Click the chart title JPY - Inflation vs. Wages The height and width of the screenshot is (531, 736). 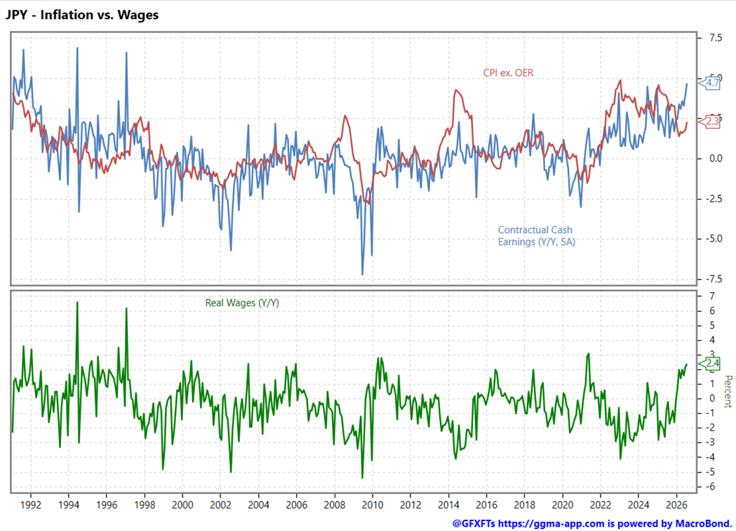point(82,15)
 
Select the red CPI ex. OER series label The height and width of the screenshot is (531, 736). point(509,73)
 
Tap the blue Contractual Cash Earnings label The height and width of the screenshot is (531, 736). point(537,236)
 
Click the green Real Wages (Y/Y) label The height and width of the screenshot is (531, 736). point(242,303)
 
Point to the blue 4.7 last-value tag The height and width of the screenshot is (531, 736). point(710,83)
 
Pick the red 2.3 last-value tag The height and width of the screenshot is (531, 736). point(710,122)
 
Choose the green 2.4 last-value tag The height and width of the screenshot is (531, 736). point(710,363)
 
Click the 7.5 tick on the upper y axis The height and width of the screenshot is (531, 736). point(716,38)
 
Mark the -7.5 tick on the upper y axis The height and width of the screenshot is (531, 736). point(714,279)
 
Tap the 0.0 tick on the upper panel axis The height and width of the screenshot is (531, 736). point(716,158)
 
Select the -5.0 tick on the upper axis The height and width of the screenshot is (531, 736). point(714,239)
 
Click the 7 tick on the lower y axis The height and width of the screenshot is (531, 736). point(712,296)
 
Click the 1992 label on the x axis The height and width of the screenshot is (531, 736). point(31,505)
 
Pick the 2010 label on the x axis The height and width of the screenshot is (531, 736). point(373,505)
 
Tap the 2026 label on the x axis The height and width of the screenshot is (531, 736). point(676,505)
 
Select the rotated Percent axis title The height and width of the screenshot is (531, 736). point(728,391)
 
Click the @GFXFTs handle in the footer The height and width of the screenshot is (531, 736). point(474,523)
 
